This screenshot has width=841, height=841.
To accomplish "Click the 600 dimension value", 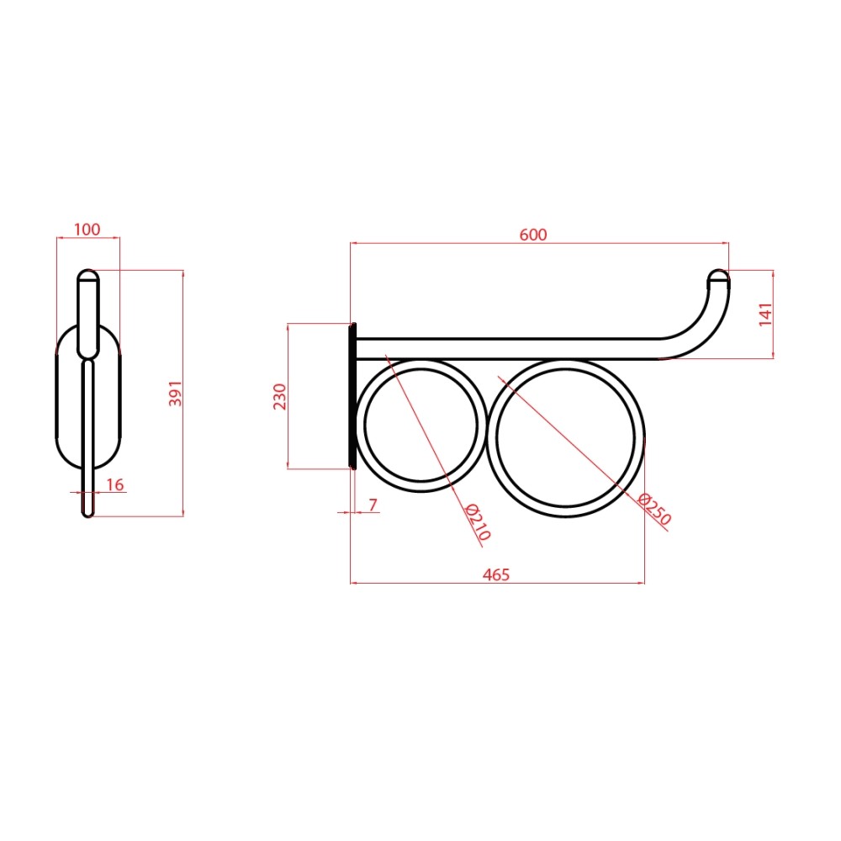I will pyautogui.click(x=533, y=235).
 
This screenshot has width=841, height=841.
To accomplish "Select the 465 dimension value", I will pyautogui.click(x=496, y=575).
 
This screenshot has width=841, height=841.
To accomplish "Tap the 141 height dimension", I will pyautogui.click(x=764, y=314).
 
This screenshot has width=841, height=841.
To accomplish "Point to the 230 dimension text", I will pyautogui.click(x=280, y=396).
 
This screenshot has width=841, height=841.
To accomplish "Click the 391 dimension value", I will pyautogui.click(x=175, y=393).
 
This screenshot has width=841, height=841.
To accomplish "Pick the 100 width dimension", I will pyautogui.click(x=87, y=230).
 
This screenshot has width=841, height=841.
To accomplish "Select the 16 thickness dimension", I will pyautogui.click(x=115, y=484).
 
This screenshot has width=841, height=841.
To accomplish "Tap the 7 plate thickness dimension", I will pyautogui.click(x=373, y=505).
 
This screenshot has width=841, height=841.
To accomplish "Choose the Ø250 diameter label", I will pyautogui.click(x=655, y=510).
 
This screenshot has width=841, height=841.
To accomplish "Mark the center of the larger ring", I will pyautogui.click(x=566, y=438).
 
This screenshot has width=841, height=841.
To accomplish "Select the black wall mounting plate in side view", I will pyautogui.click(x=352, y=395).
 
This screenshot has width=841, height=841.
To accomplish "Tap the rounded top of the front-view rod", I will pyautogui.click(x=87, y=275).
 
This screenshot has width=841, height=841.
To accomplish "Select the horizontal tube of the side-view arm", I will pyautogui.click(x=505, y=347).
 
